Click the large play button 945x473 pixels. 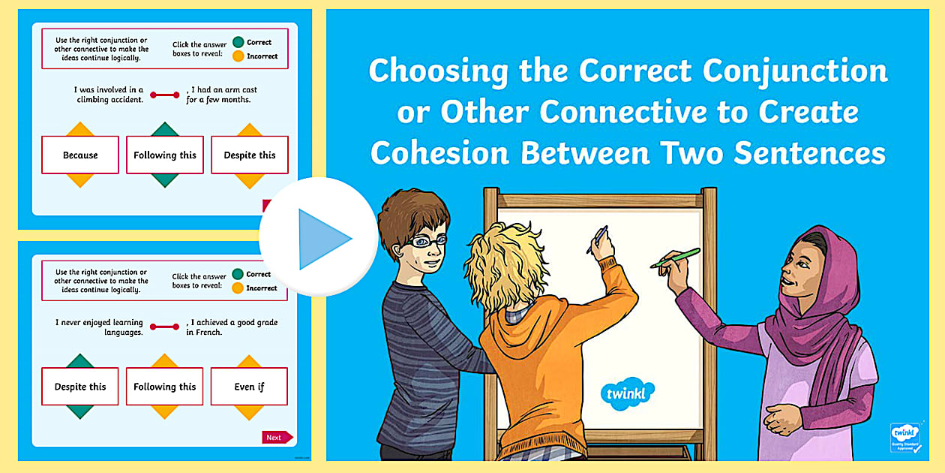[319, 237]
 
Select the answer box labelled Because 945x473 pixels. [80, 155]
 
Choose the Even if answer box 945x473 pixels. [249, 387]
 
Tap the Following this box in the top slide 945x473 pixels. [165, 155]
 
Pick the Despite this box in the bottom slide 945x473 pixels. [80, 387]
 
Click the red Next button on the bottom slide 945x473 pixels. [275, 437]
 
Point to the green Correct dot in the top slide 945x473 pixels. [238, 42]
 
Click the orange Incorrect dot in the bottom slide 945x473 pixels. [238, 288]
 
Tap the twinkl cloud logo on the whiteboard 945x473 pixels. [627, 393]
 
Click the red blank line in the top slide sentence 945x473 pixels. [164, 95]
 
